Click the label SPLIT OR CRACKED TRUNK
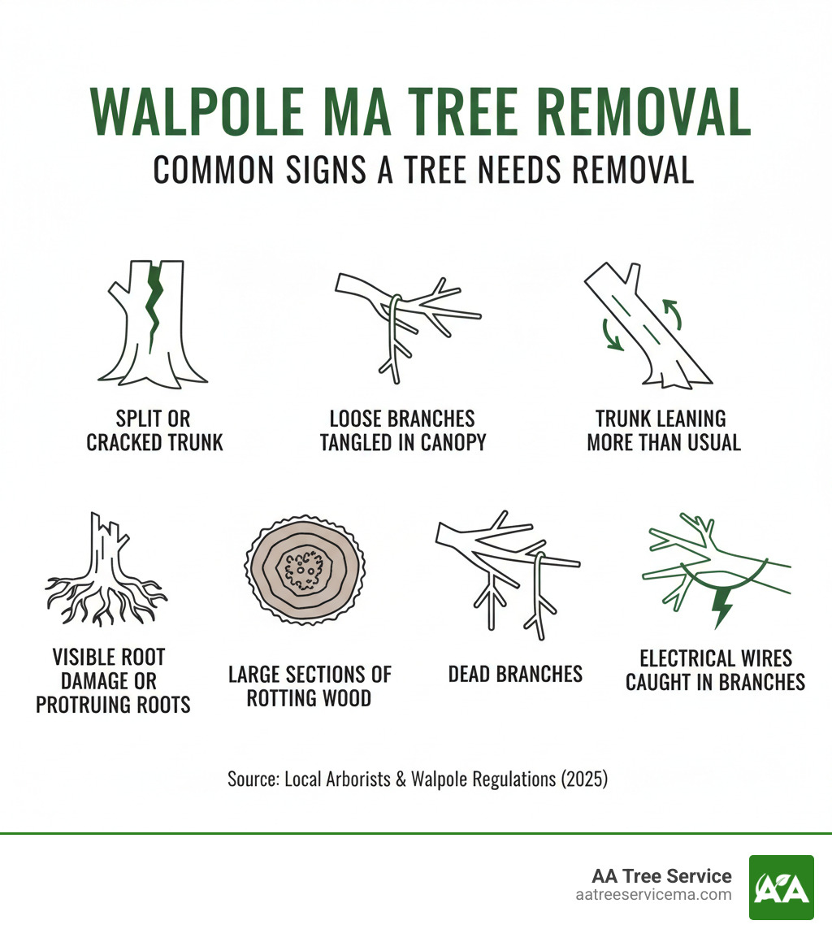point(154,431)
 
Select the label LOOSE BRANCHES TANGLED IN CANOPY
point(402,431)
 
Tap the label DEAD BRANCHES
point(515,674)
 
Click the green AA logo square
point(781,887)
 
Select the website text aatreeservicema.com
point(652,895)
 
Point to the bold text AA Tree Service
point(662,875)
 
